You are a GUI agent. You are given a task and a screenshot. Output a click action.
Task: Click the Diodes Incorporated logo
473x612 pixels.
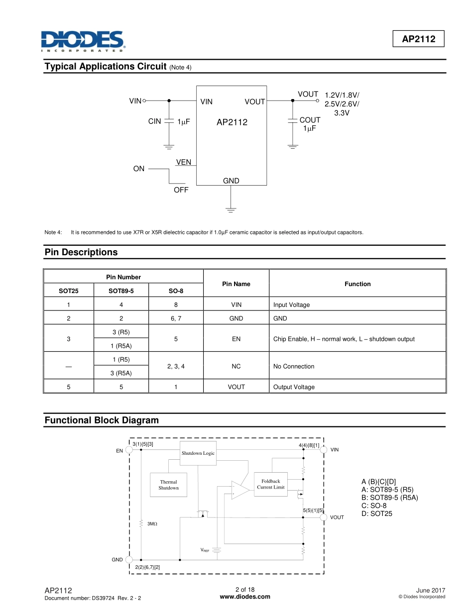point(83,41)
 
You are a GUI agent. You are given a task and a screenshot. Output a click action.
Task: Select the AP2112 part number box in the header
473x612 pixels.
point(419,39)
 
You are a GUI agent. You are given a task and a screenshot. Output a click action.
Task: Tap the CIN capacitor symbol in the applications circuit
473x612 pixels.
point(169,121)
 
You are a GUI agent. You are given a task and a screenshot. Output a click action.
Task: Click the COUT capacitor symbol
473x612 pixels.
point(292,121)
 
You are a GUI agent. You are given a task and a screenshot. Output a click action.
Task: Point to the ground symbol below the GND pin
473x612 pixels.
point(231,209)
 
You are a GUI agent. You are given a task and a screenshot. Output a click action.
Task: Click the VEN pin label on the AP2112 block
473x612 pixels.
point(184,162)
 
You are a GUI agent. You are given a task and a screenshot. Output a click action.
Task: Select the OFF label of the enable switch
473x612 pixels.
point(181,190)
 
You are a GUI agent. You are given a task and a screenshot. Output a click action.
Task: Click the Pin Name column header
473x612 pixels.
point(236,284)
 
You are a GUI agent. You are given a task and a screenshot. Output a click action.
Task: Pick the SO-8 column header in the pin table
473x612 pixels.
point(176,291)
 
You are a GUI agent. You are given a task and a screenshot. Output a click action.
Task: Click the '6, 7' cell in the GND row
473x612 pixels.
point(176,318)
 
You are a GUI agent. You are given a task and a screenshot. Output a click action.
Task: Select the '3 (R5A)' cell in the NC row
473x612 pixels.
point(121,373)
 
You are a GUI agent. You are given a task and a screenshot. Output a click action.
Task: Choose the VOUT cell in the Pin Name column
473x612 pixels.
point(236,387)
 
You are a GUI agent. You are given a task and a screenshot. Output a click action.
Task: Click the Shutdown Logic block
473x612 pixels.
point(198,453)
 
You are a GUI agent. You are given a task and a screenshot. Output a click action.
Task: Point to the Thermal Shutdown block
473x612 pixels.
point(168,485)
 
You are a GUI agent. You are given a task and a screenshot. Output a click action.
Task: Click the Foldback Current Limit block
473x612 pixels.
point(271,484)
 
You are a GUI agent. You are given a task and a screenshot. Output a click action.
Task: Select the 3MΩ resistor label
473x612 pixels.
point(152,523)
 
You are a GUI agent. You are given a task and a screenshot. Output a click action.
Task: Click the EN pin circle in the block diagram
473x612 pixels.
point(129,450)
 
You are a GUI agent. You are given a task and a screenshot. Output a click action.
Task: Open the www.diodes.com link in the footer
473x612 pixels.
point(244,597)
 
